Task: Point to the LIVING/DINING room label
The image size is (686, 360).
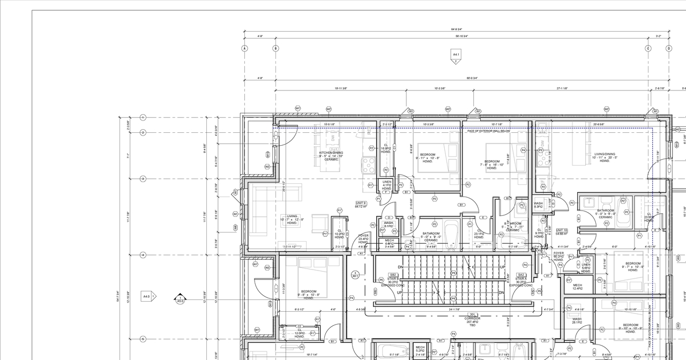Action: (605, 157)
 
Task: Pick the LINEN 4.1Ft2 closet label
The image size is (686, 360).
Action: (386, 185)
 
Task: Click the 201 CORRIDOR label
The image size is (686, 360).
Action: (473, 318)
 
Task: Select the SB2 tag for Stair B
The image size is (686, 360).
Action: (393, 274)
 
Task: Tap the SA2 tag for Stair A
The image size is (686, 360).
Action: (520, 274)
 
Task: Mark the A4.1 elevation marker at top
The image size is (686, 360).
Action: (456, 55)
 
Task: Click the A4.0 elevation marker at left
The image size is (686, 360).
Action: (148, 296)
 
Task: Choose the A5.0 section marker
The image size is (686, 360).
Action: (181, 299)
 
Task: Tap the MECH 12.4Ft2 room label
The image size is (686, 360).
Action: (577, 287)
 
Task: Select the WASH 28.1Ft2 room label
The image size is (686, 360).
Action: (577, 320)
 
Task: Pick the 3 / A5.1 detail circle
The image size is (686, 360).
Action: (355, 275)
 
